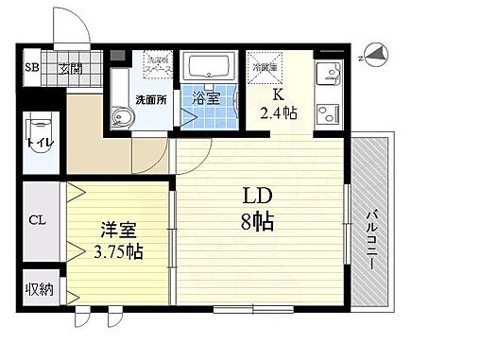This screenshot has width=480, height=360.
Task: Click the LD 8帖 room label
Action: tap(256, 209)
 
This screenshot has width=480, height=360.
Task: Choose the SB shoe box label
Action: tap(31, 68)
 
